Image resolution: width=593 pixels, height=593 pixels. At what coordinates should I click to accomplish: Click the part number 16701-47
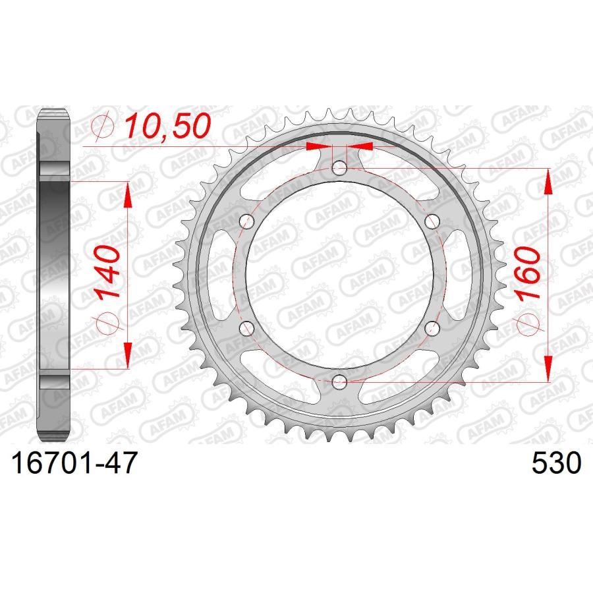[x=74, y=463]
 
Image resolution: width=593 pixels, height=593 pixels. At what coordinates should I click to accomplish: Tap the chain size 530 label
[x=556, y=463]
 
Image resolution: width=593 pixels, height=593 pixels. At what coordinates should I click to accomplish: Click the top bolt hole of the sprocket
[x=339, y=167]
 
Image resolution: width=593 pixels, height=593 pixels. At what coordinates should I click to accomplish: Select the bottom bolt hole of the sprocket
[x=339, y=380]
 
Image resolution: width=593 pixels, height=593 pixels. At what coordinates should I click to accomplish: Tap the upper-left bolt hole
[x=247, y=220]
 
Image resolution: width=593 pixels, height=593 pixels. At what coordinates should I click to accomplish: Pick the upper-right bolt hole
[x=432, y=220]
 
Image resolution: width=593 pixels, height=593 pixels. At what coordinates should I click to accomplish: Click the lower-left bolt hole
[x=247, y=327]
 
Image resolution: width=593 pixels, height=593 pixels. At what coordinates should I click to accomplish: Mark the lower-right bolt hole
[x=432, y=327]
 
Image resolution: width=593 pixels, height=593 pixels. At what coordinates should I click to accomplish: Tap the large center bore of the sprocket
[x=339, y=273]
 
